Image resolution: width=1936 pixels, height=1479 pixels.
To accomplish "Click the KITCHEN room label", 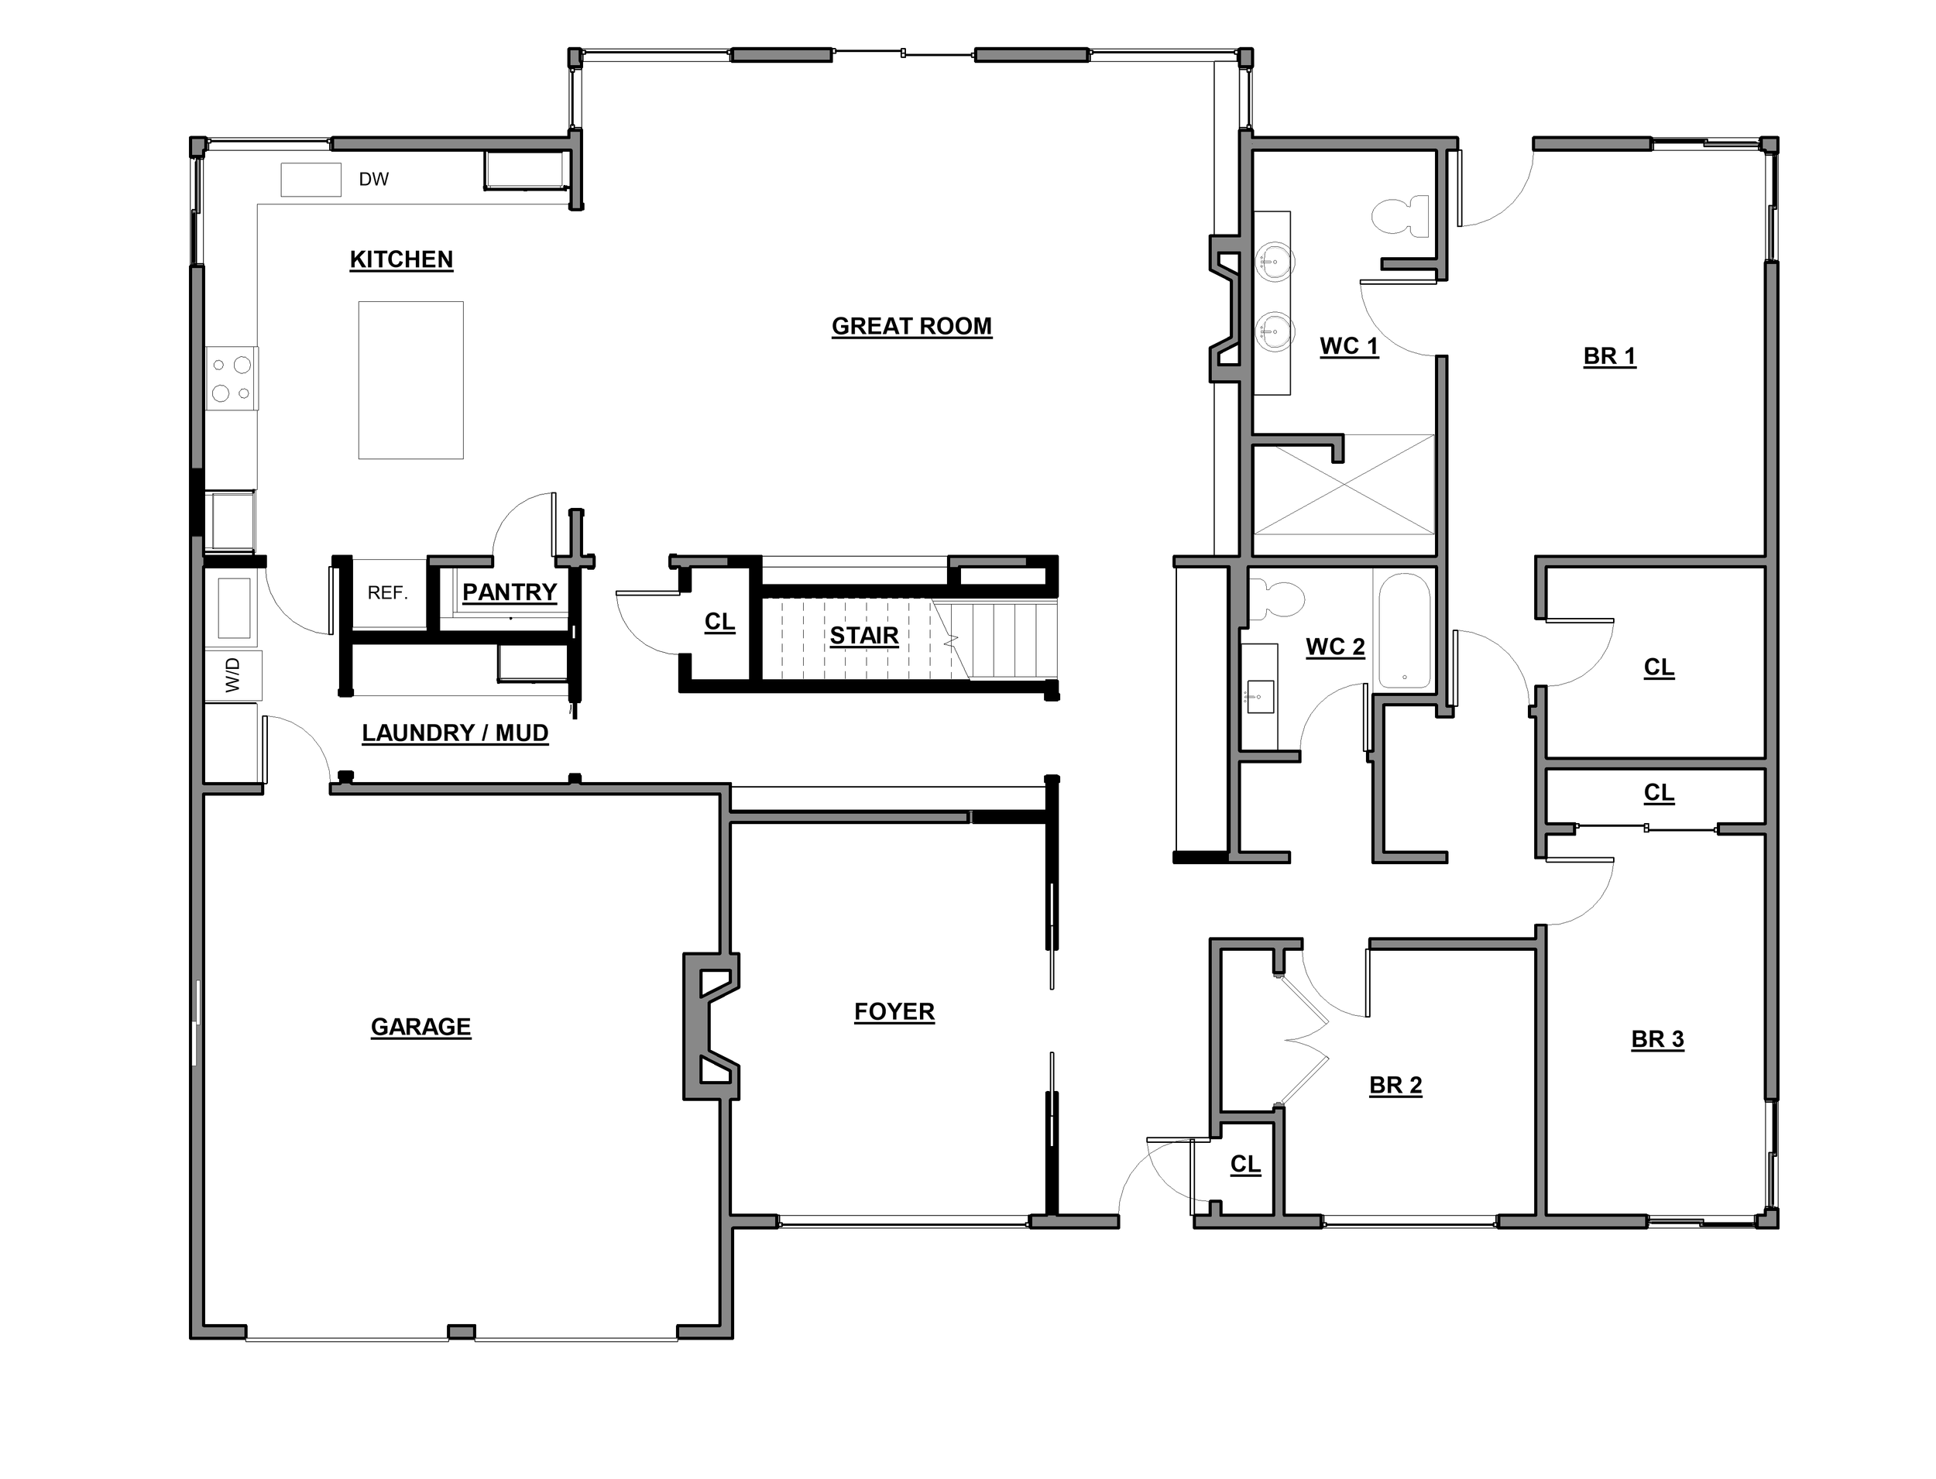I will (x=400, y=259).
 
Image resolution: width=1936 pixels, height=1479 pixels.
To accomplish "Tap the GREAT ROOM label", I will (x=911, y=327).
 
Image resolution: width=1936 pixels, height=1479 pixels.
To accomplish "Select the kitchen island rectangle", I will (x=410, y=380).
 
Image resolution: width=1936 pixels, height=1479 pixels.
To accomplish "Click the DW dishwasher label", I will (x=373, y=180).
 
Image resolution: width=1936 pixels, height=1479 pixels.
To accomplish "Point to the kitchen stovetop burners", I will (x=232, y=379).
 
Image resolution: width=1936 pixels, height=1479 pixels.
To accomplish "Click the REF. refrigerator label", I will (x=387, y=593).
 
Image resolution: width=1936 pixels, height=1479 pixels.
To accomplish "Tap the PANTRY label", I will (x=510, y=592).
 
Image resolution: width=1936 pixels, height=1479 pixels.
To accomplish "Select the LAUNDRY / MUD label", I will (x=455, y=733).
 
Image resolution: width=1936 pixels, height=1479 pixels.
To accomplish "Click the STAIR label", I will (x=863, y=636).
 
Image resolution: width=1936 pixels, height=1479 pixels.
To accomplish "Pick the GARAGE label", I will (x=420, y=1028).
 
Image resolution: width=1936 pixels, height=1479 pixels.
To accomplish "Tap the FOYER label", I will (x=894, y=1012).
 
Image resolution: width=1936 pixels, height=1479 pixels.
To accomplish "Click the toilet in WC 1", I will (x=1400, y=217).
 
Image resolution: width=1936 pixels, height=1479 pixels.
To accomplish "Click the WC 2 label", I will (x=1335, y=647).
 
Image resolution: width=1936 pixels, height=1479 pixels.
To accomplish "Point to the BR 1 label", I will (x=1608, y=356).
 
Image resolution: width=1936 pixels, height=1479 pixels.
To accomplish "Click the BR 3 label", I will (x=1657, y=1040).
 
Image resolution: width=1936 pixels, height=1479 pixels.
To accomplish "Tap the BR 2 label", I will (x=1395, y=1086).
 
